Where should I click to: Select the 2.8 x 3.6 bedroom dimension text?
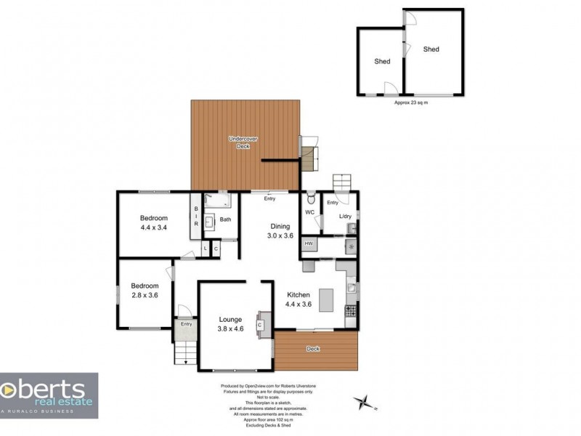coord(144,295)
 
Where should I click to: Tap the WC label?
coord(310,213)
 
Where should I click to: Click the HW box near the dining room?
coord(309,243)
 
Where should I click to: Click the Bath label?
coord(226,219)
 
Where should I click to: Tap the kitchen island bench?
coord(326,300)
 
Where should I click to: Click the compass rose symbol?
coord(365,402)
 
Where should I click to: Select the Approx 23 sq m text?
coord(411,102)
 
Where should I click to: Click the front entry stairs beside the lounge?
coord(184,354)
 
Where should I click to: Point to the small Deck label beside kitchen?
coord(313,349)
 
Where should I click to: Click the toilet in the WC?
coord(311,198)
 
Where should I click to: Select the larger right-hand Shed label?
coord(431,49)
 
